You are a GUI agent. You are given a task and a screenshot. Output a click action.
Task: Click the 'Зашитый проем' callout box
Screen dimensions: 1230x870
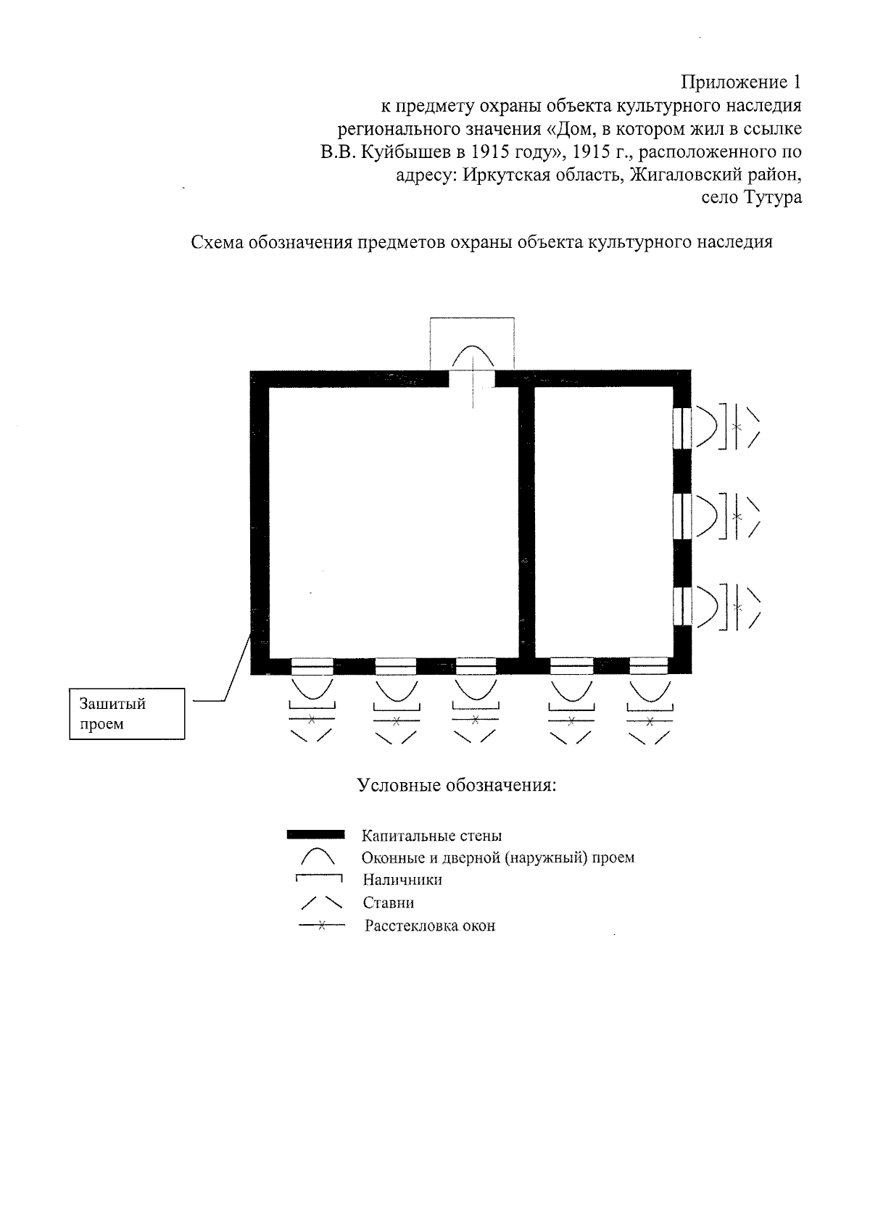click(x=127, y=714)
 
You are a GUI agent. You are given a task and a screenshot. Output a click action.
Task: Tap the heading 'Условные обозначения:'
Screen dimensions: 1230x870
click(x=457, y=785)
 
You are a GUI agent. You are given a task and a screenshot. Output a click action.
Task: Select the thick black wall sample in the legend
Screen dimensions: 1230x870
click(x=315, y=835)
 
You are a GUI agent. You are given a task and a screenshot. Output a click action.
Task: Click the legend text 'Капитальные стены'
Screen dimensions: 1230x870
click(x=431, y=836)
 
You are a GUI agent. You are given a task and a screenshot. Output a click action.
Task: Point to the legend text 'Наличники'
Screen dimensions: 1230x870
click(x=402, y=880)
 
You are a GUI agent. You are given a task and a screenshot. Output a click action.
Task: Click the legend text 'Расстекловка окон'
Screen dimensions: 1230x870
click(x=430, y=926)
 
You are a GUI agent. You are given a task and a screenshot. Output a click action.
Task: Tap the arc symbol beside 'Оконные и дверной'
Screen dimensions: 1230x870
click(x=317, y=857)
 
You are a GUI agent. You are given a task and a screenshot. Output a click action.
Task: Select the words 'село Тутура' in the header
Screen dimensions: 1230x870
click(x=752, y=197)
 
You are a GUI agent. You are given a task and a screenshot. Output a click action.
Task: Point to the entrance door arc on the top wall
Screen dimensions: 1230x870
click(x=473, y=357)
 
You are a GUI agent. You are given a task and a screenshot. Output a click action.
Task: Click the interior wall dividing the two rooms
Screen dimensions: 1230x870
click(x=527, y=522)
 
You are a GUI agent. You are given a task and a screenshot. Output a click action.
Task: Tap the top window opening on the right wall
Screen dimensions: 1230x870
click(x=682, y=428)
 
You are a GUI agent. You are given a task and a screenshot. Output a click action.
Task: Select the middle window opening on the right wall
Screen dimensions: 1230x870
click(x=682, y=516)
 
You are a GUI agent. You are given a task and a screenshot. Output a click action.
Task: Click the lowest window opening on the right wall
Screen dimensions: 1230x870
click(x=682, y=606)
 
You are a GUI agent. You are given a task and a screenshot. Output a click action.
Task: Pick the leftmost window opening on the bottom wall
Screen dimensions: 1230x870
click(x=312, y=666)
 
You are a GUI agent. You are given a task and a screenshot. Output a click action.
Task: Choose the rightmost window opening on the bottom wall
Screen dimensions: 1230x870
click(x=648, y=666)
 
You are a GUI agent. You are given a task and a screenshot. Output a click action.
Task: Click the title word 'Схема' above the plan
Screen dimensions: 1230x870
click(x=217, y=243)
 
